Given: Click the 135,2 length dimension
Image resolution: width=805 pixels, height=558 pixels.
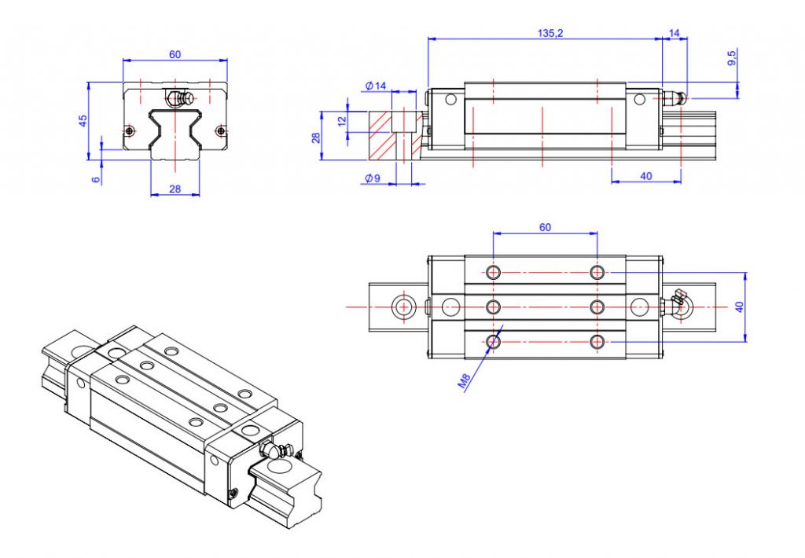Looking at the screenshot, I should [549, 32].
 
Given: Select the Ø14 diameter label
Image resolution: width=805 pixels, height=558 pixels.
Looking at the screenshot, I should [377, 86].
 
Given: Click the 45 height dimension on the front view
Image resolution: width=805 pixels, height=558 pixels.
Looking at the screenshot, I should [83, 119].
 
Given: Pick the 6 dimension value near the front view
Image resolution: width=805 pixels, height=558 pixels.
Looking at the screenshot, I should [96, 180].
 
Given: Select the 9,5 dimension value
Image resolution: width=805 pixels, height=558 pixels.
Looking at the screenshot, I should [731, 57].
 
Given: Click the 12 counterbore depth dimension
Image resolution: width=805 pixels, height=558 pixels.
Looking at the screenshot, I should [341, 121].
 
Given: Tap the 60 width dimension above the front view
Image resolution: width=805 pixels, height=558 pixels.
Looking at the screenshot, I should [175, 54].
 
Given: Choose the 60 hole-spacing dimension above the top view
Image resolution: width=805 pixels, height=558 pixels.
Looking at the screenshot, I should [545, 227].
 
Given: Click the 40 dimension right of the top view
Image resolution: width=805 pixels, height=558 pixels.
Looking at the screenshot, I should [738, 307].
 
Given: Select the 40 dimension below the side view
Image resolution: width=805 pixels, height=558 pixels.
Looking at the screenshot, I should [645, 176].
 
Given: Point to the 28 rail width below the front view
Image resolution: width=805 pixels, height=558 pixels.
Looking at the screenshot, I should [175, 189].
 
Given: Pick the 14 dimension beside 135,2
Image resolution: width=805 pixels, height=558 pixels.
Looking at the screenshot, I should [674, 32].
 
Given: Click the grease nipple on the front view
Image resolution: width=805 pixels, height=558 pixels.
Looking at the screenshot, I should [179, 100].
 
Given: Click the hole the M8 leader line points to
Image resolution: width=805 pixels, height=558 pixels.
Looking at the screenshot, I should [493, 341].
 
